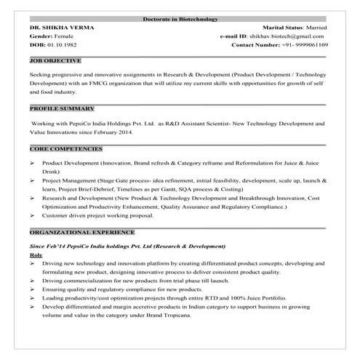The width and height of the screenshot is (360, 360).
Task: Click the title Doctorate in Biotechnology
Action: pyautogui.click(x=180, y=18)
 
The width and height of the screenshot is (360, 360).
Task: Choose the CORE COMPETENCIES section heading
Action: pyautogui.click(x=65, y=148)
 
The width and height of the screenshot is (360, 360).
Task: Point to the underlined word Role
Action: pyautogui.click(x=36, y=257)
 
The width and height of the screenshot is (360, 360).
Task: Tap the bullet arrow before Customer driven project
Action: pyautogui.click(x=33, y=215)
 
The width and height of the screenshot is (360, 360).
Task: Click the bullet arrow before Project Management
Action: pyautogui.click(x=33, y=178)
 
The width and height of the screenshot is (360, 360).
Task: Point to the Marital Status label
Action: pyautogui.click(x=274, y=27)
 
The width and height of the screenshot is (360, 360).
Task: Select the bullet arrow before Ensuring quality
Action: pyautogui.click(x=33, y=289)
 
